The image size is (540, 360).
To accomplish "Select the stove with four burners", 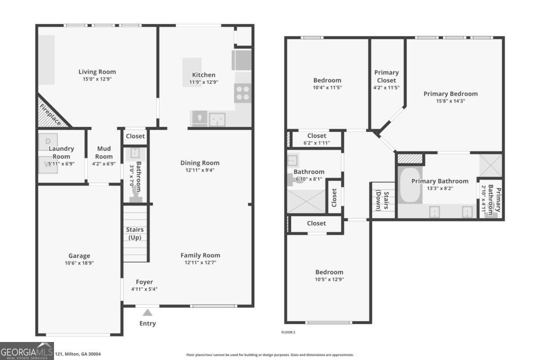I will click(x=242, y=94).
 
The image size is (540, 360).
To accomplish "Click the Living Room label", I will click(x=97, y=72).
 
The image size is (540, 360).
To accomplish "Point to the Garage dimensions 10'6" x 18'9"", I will click(x=79, y=263).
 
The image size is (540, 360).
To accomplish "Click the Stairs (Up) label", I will click(x=135, y=234).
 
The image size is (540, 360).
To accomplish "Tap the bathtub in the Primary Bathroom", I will click(x=409, y=186).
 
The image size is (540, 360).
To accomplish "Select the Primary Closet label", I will click(x=387, y=76).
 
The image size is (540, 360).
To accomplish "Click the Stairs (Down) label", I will click(x=382, y=201).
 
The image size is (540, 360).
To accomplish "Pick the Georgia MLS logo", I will click(x=27, y=351).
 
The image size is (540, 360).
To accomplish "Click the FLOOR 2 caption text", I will click(x=288, y=333).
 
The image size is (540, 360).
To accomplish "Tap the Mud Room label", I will click(x=104, y=153).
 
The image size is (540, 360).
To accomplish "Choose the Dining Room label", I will click(x=200, y=163).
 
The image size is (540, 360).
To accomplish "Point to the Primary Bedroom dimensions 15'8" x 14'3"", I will click(x=450, y=101).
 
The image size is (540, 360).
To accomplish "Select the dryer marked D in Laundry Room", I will click(x=48, y=141).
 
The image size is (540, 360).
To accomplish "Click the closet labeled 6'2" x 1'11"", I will click(x=316, y=139).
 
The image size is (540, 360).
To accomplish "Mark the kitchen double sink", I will click(x=217, y=119).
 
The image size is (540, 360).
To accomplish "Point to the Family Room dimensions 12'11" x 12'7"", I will click(x=200, y=262).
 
